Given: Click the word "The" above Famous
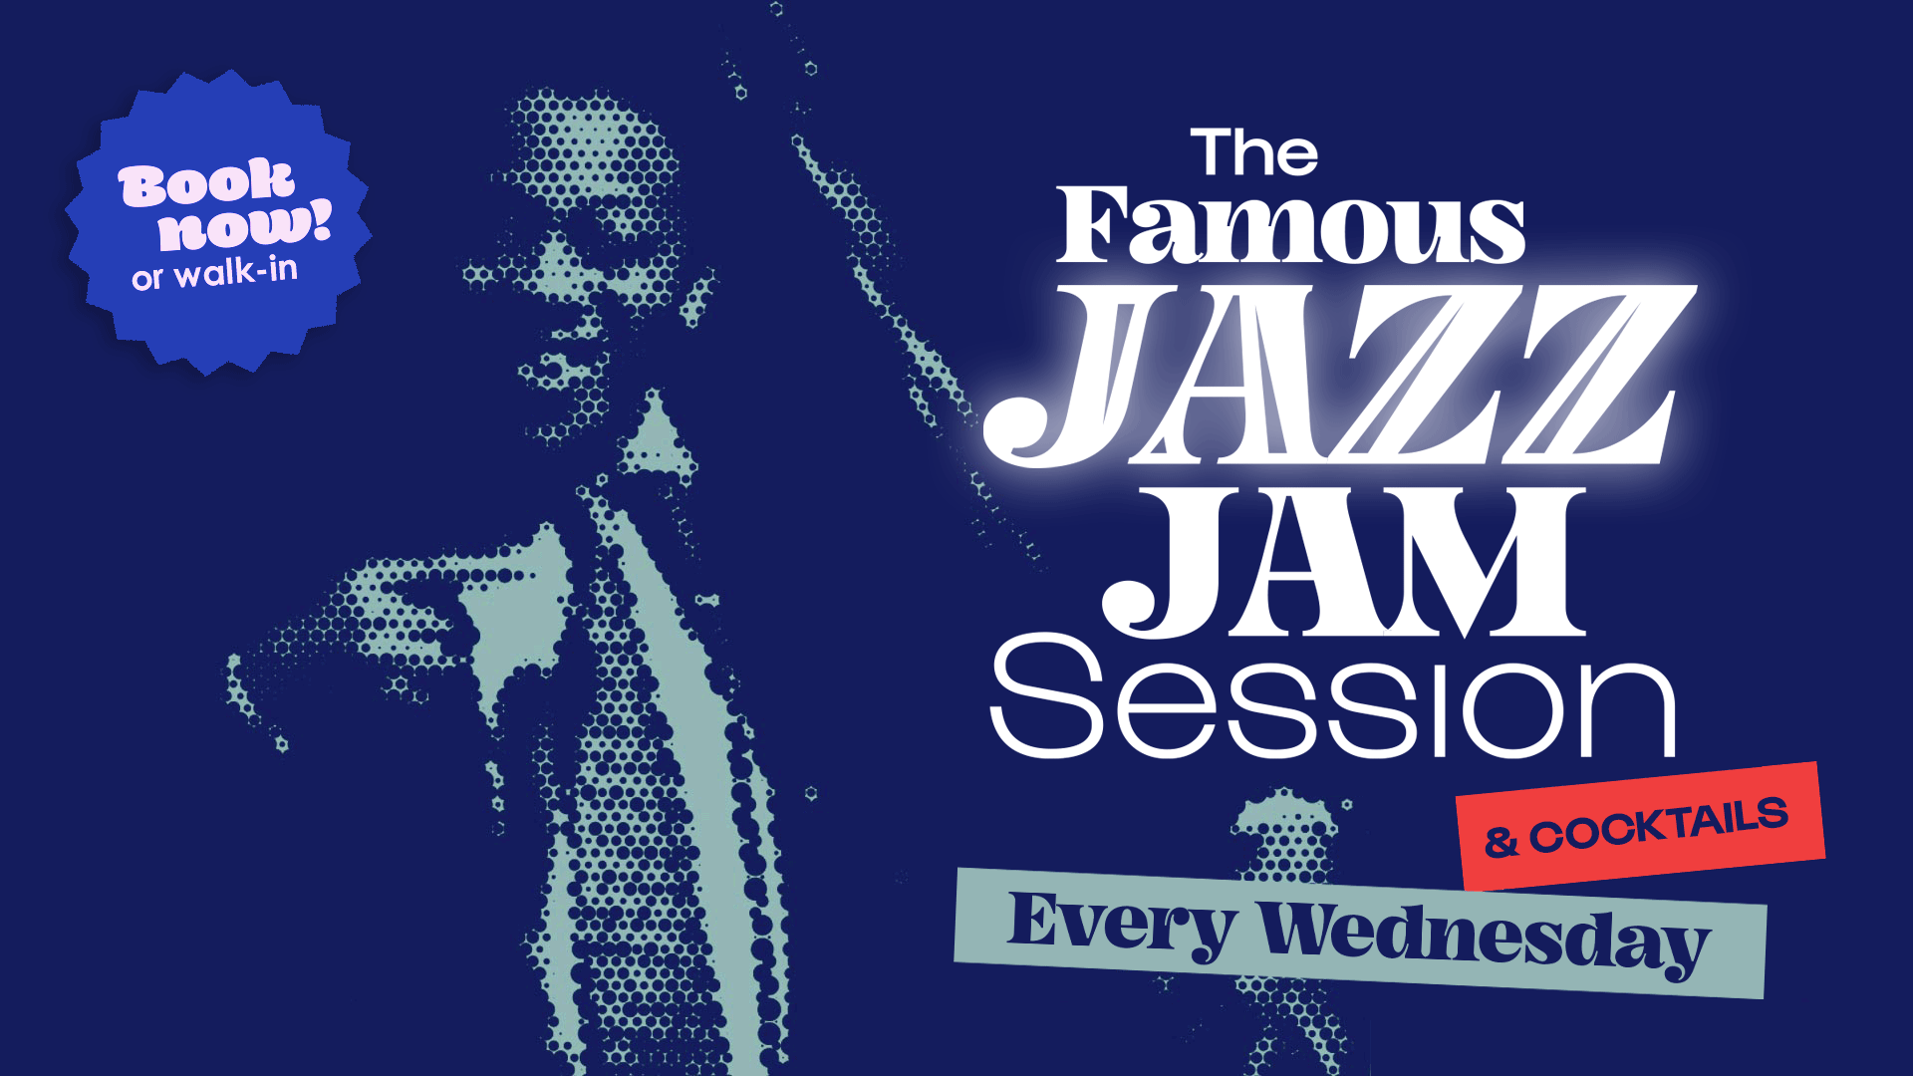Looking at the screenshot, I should pos(1253,153).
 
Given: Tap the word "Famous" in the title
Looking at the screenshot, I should pos(1290,227).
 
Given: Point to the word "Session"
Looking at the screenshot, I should pos(1333,697).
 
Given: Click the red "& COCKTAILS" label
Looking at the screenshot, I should pos(1640,826).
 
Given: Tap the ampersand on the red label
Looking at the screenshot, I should pos(1501,842).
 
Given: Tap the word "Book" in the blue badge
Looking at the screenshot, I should pos(206,183).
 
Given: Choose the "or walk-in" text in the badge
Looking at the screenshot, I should pos(214,272).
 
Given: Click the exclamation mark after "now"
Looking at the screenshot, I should pos(321,219).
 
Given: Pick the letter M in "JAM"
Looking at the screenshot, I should pos(1495,563).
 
